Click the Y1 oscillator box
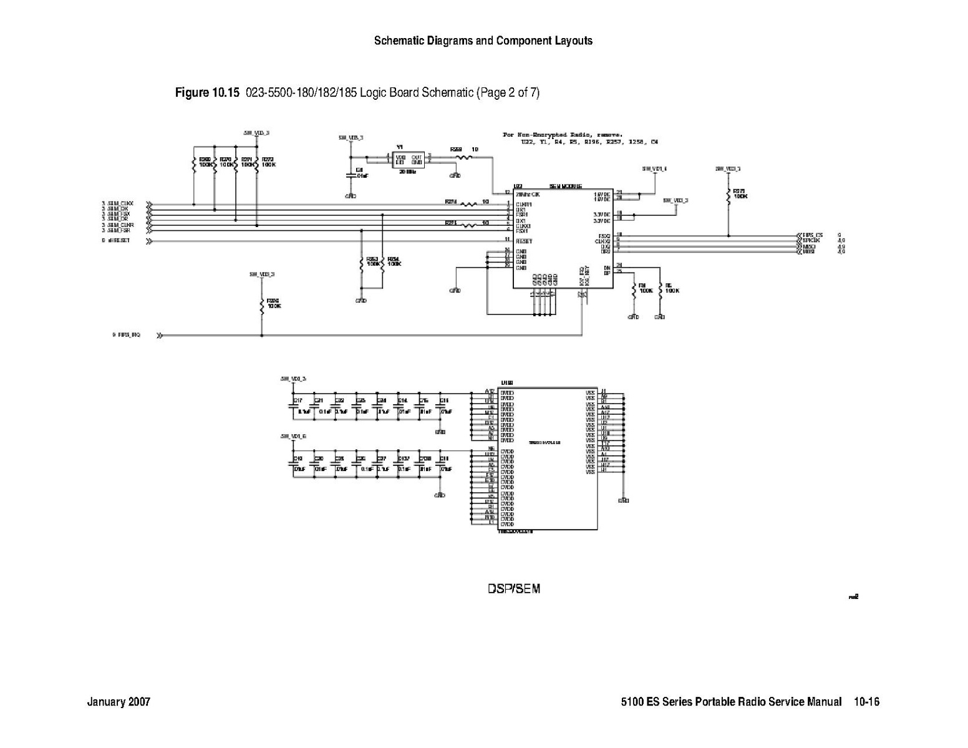coord(408,160)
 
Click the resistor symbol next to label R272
coord(257,164)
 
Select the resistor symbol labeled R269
coord(194,164)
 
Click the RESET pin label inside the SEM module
coord(524,241)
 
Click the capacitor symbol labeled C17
coord(293,405)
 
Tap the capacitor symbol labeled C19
coord(293,462)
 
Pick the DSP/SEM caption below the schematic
coord(514,589)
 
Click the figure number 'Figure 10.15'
coord(207,93)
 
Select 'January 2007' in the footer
coord(119,702)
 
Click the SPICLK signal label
coord(812,240)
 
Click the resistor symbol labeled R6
coord(660,289)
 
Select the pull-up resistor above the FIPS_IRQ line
coord(262,306)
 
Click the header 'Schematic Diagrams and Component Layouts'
coord(483,41)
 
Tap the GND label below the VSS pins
coord(623,500)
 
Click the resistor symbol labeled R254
coord(382,263)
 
